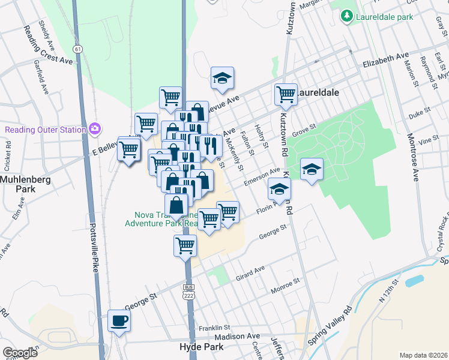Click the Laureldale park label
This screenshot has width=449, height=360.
384,17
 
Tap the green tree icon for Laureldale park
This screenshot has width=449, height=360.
346,16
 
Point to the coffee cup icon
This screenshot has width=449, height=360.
118,320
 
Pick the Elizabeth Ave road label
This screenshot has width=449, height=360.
385,60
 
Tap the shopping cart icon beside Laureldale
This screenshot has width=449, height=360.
286,94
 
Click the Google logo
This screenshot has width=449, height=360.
20,353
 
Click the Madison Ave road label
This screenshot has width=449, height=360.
237,337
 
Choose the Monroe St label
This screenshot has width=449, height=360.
285,284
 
